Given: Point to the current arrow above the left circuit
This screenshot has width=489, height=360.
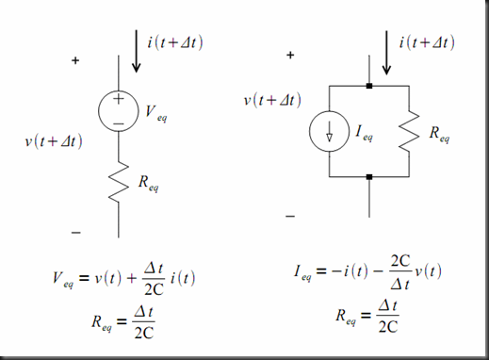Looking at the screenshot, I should (x=138, y=53).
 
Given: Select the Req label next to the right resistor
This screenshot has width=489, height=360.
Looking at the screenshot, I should (x=439, y=137).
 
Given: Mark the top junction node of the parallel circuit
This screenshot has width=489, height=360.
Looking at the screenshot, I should (x=370, y=85).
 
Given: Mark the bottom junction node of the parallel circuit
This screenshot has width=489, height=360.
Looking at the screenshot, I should (x=370, y=176).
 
